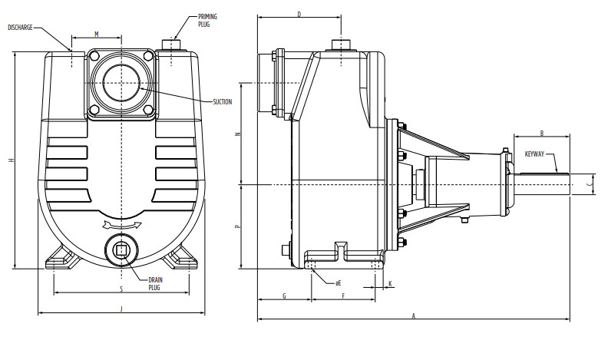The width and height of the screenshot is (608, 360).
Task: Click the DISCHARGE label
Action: point(20,28)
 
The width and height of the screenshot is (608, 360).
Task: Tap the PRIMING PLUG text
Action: point(207,21)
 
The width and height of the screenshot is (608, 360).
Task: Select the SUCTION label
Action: point(222,102)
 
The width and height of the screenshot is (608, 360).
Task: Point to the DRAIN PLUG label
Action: point(156,284)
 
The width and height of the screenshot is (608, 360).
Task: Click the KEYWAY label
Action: point(534,154)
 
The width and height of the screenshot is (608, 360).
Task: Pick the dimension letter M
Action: point(97,35)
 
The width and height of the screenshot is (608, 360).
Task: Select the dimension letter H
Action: point(12,160)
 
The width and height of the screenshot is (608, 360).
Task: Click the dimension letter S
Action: point(121,289)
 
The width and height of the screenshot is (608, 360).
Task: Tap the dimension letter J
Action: point(121,309)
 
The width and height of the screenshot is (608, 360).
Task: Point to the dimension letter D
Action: point(299,15)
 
